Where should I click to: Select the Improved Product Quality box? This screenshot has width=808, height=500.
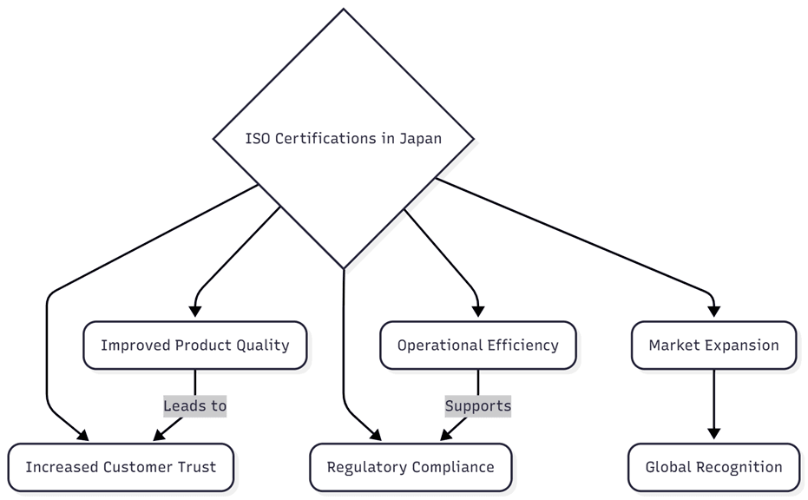click(x=194, y=345)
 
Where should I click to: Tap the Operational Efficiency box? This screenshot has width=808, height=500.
click(x=477, y=345)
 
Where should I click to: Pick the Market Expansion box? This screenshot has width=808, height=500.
click(x=713, y=345)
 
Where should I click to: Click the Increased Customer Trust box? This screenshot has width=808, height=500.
click(x=121, y=467)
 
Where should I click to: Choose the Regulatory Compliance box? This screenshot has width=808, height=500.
click(x=411, y=467)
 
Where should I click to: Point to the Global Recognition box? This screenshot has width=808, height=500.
click(x=713, y=467)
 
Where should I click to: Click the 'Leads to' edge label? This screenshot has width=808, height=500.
click(x=194, y=405)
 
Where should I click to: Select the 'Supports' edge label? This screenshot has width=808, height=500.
click(x=477, y=405)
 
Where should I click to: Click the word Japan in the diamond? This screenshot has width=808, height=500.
click(x=420, y=139)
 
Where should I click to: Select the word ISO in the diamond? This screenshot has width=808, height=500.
click(x=258, y=139)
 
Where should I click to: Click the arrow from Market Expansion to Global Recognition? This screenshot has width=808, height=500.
click(x=713, y=399)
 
